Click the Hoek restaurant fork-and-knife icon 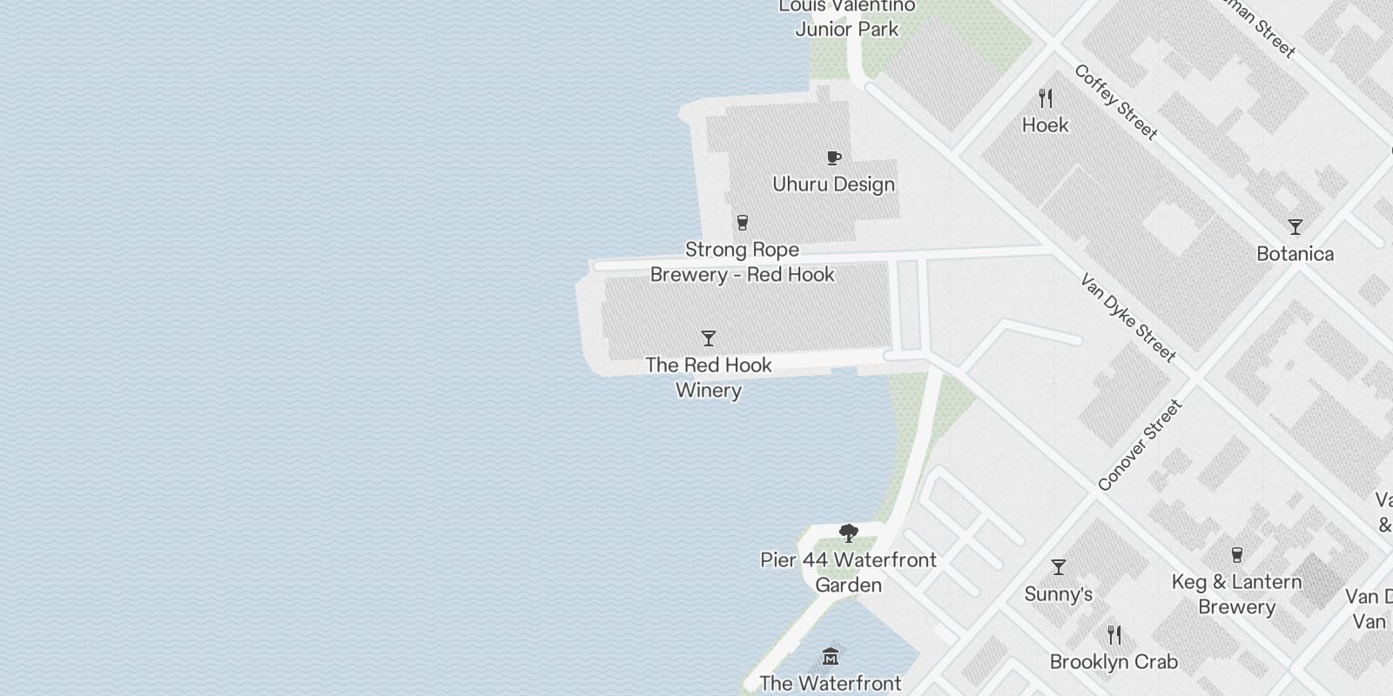pyautogui.click(x=1046, y=97)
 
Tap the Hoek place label pyautogui.click(x=1045, y=125)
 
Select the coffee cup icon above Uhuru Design pyautogui.click(x=834, y=157)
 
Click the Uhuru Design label pyautogui.click(x=834, y=184)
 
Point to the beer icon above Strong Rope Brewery pyautogui.click(x=742, y=223)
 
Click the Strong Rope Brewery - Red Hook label pyautogui.click(x=743, y=262)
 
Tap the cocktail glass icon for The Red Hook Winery pyautogui.click(x=709, y=338)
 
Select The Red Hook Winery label pyautogui.click(x=709, y=378)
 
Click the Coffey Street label pyautogui.click(x=1116, y=103)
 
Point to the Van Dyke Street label pyautogui.click(x=1128, y=318)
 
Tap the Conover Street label pyautogui.click(x=1140, y=445)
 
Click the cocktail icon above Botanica pyautogui.click(x=1295, y=227)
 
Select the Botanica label pyautogui.click(x=1295, y=254)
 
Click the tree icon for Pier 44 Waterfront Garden pyautogui.click(x=848, y=532)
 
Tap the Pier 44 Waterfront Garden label pyautogui.click(x=848, y=572)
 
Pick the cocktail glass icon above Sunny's pyautogui.click(x=1059, y=567)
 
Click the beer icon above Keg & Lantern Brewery pyautogui.click(x=1236, y=554)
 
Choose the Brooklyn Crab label pyautogui.click(x=1114, y=662)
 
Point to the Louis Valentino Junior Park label pyautogui.click(x=847, y=17)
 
